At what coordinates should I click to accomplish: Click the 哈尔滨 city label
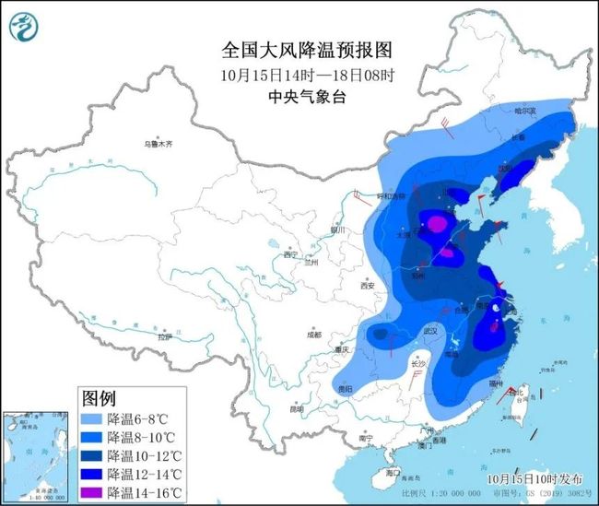(x=523, y=111)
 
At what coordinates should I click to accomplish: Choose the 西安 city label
(x=369, y=286)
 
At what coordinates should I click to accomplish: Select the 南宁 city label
(x=366, y=439)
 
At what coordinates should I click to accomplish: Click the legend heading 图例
(x=99, y=398)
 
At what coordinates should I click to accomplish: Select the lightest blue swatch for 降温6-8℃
(x=91, y=418)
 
